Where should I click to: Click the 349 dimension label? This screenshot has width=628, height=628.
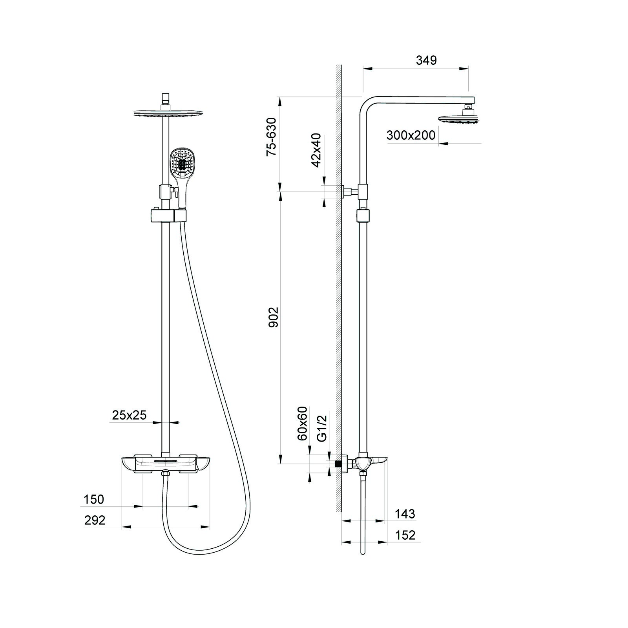click(426, 60)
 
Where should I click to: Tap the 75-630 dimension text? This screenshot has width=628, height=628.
click(272, 137)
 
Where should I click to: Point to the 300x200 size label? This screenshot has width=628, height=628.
click(411, 135)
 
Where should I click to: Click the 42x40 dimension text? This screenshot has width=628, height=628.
click(316, 150)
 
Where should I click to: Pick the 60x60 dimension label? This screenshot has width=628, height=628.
click(303, 424)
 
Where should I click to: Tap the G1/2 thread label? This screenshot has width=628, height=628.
click(322, 429)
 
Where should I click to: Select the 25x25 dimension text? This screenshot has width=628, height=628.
click(129, 415)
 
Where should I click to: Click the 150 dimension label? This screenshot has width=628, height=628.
click(94, 500)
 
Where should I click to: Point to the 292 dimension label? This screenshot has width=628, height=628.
click(95, 520)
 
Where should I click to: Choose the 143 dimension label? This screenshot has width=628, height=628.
click(405, 514)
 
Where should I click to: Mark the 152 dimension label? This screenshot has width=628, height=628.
click(405, 535)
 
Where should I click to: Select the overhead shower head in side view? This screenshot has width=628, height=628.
click(458, 118)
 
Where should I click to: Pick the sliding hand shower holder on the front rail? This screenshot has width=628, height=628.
click(167, 216)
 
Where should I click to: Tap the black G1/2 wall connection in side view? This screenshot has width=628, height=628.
click(337, 463)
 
